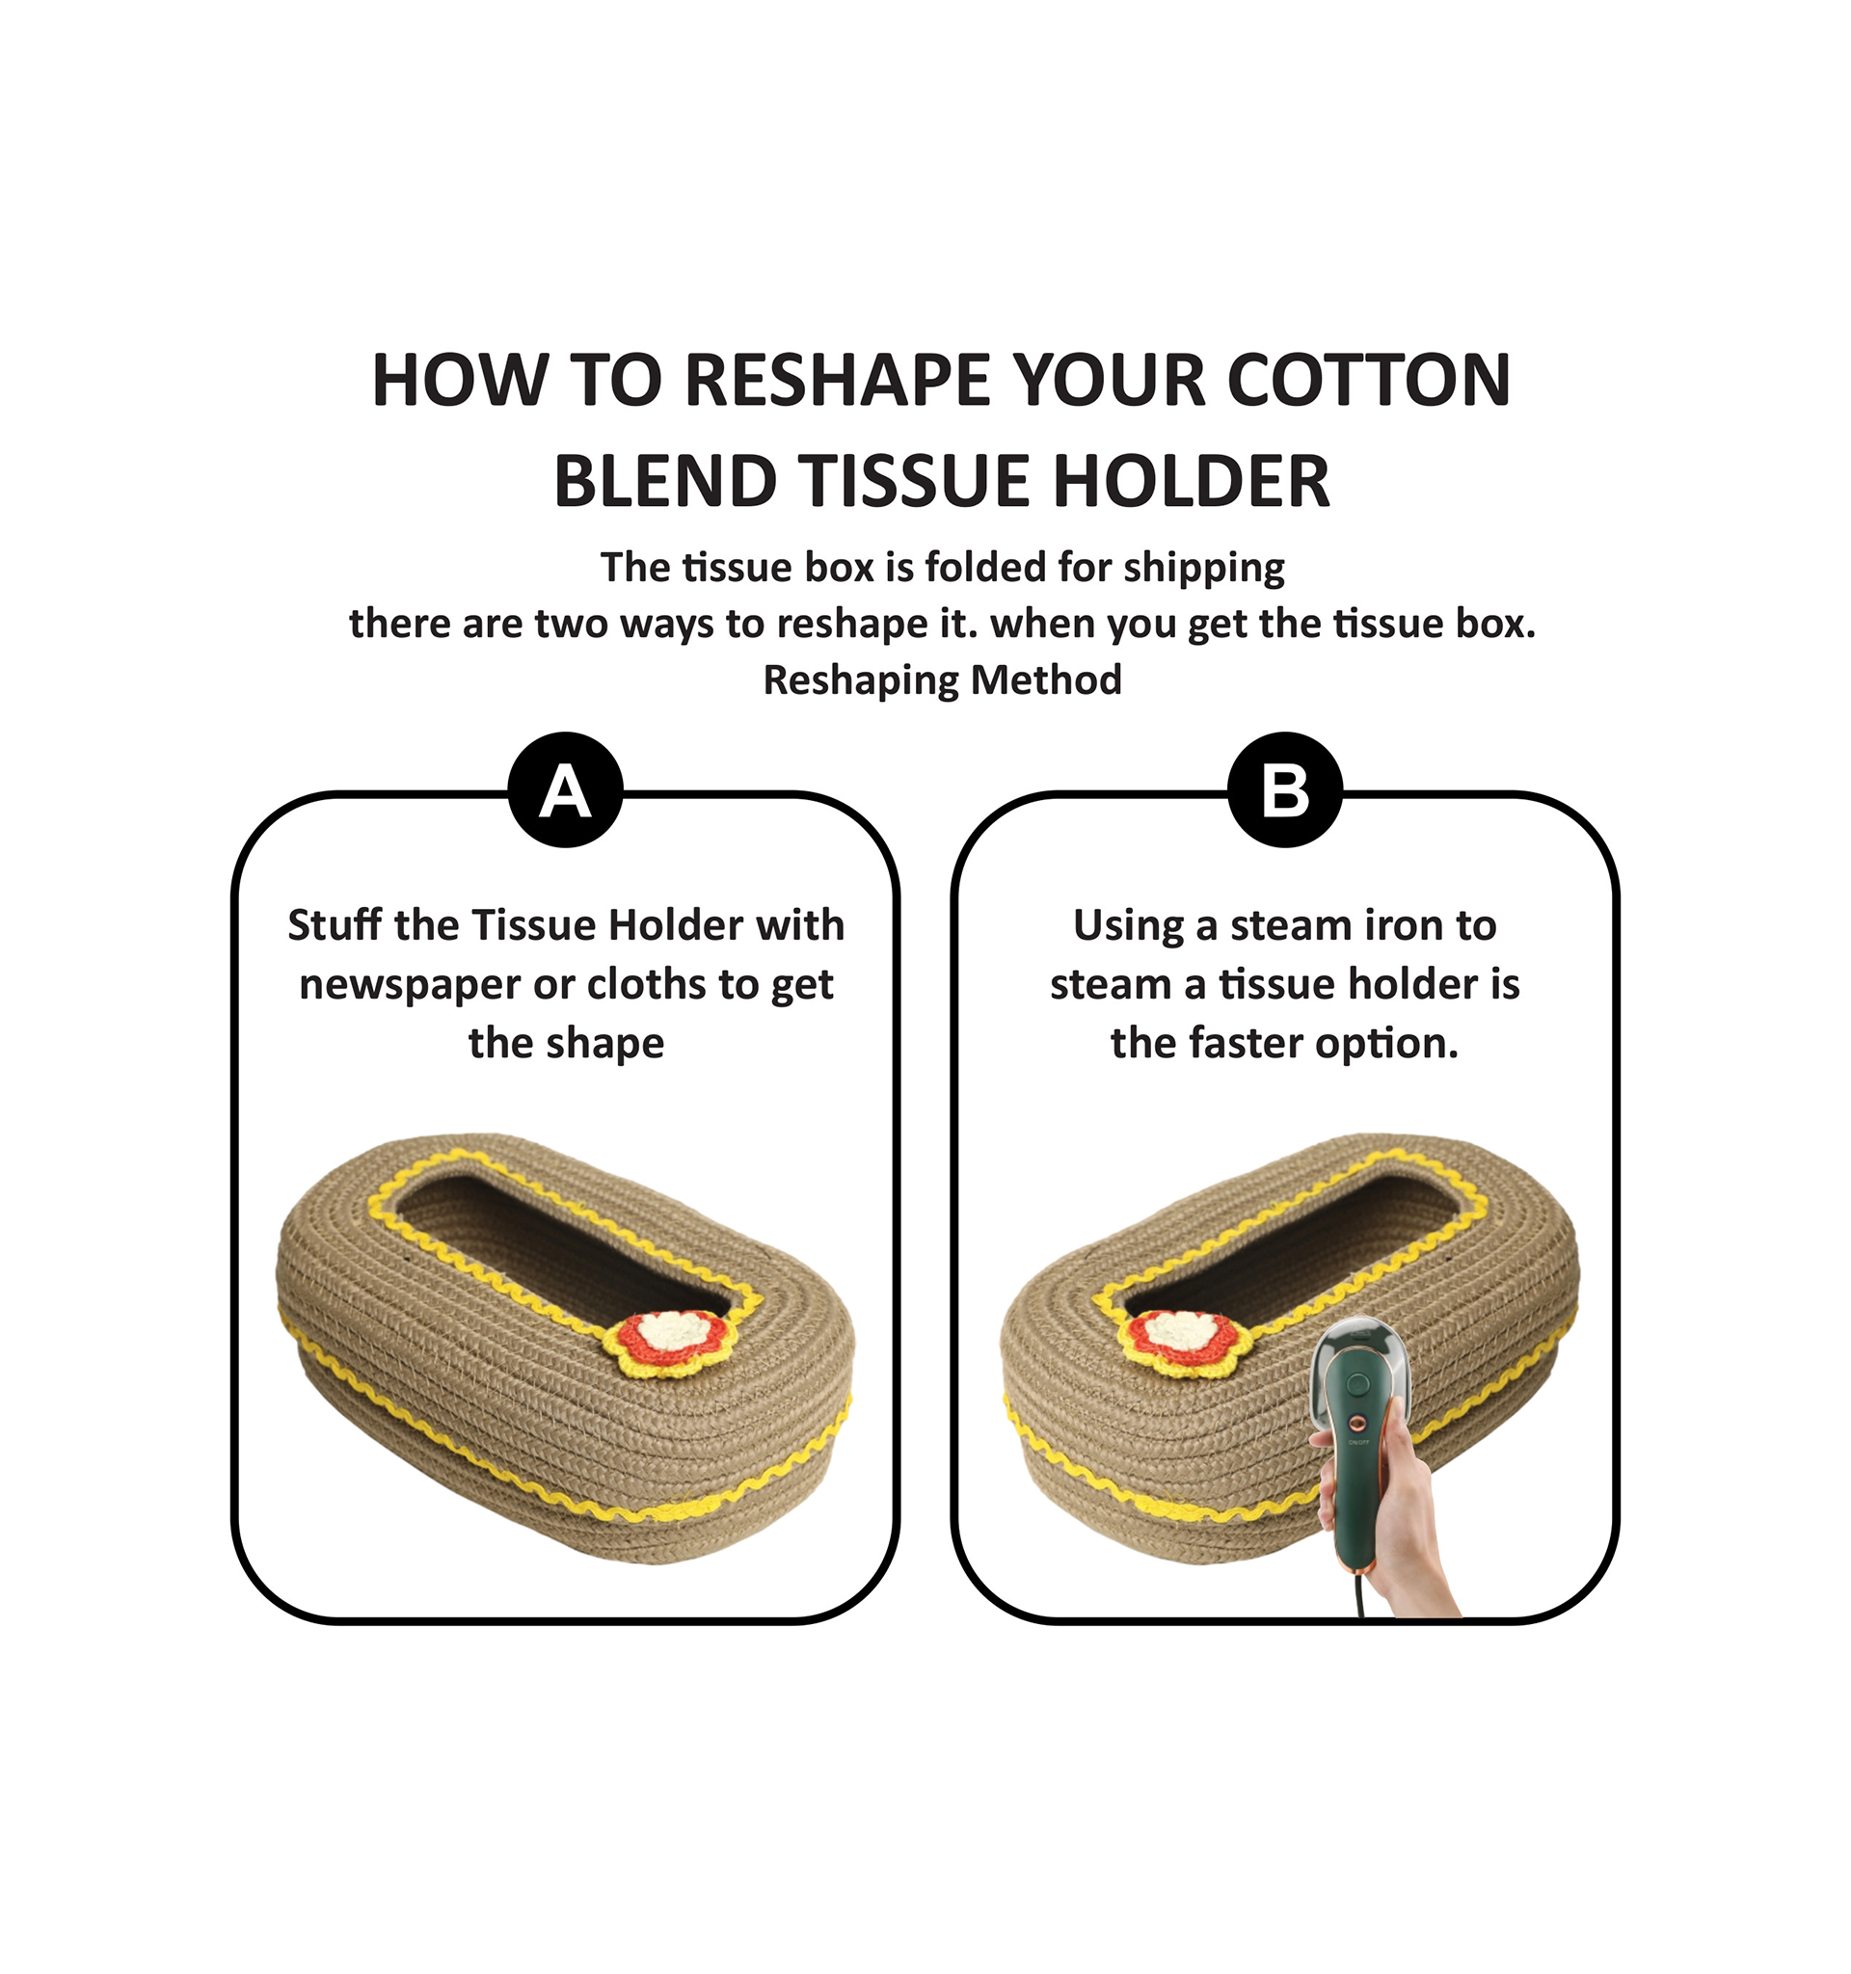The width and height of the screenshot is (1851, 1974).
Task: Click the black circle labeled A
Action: tap(565, 789)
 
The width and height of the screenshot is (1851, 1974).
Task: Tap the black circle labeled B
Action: tap(1285, 789)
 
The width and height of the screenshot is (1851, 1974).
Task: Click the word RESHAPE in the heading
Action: tap(838, 381)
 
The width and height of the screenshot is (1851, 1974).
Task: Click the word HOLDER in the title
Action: tap(1191, 482)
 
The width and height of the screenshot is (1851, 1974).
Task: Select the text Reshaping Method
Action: tap(943, 681)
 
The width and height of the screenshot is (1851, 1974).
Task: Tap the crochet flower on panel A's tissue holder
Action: tap(672, 1342)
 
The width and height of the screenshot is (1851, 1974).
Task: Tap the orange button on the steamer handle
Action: tap(1357, 1425)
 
